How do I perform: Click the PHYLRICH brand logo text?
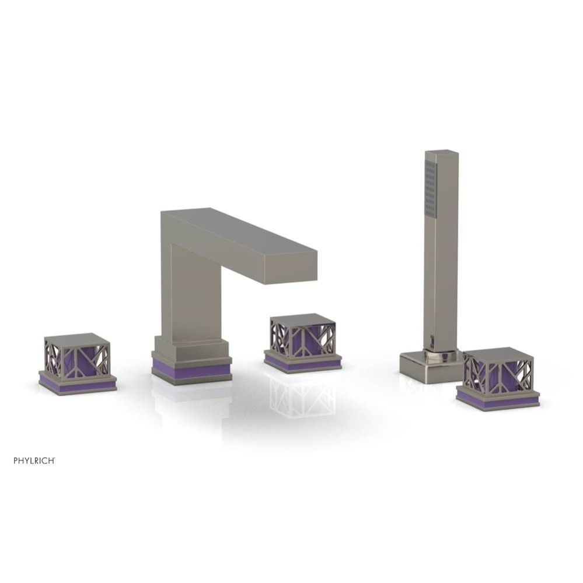34,460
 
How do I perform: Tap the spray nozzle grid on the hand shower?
431,189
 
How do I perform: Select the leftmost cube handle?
77,358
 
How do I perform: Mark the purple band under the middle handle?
302,364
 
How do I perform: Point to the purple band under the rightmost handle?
498,399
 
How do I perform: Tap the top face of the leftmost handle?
77,340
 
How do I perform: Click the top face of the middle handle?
302,319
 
